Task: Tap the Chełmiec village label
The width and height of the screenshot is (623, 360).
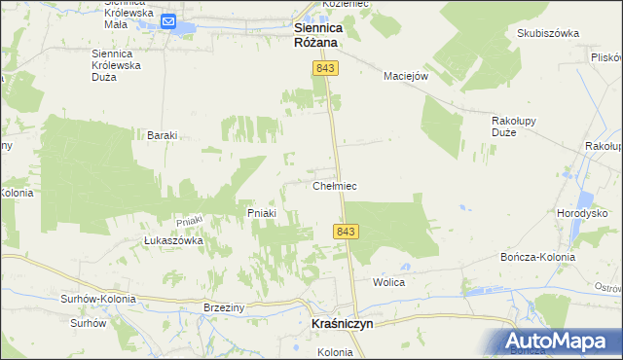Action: pos(338,185)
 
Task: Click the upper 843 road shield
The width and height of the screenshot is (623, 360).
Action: pos(324,66)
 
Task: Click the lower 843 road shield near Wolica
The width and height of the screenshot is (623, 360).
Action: pos(346,231)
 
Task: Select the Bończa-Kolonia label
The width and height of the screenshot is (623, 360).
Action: pos(537,257)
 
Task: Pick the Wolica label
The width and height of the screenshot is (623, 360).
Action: pos(388,282)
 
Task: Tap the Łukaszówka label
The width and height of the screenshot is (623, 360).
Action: pos(172,240)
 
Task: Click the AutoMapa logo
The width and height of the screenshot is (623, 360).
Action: pos(559,341)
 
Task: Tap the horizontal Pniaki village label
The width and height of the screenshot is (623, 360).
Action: pos(262,213)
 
